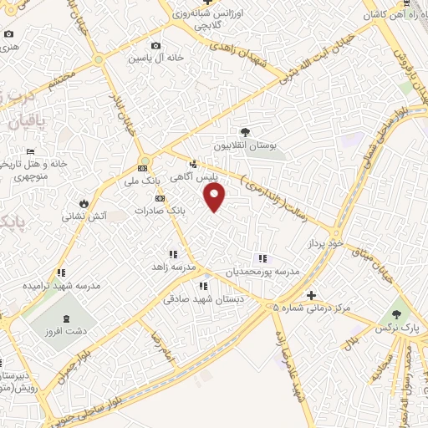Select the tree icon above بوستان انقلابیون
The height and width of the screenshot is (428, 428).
click(245, 132)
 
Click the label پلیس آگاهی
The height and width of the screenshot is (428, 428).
click(194, 177)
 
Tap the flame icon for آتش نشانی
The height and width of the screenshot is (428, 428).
click(84, 203)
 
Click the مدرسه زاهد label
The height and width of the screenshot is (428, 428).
click(172, 267)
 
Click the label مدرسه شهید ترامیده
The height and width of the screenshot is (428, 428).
click(61, 285)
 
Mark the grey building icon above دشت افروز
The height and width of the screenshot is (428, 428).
click(67, 318)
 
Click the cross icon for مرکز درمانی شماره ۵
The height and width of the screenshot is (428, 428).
click(311, 295)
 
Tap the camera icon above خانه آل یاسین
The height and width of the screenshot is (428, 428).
click(155, 46)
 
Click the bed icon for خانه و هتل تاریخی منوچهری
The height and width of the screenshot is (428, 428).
click(31, 151)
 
